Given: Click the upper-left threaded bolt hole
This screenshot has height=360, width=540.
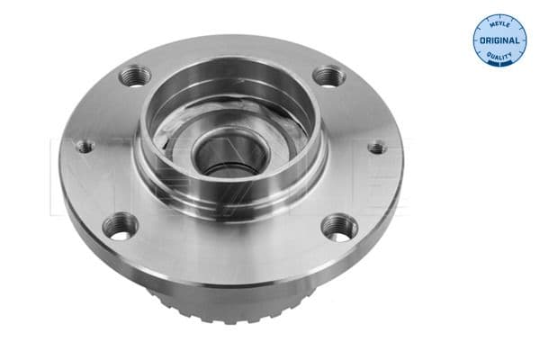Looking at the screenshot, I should (133, 76).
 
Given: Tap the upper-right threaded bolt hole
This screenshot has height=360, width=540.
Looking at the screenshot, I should (328, 77).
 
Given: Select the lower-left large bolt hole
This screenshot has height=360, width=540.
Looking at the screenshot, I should (120, 225).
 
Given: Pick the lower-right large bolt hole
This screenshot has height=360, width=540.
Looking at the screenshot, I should (339, 226).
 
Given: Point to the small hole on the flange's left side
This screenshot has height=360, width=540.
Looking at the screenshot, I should (84, 146).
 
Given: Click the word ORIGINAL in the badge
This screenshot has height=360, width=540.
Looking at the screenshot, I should (499, 40).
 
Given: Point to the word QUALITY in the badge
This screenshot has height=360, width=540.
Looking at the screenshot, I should (499, 56).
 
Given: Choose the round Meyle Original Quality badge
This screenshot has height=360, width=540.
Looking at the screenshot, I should (499, 40).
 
